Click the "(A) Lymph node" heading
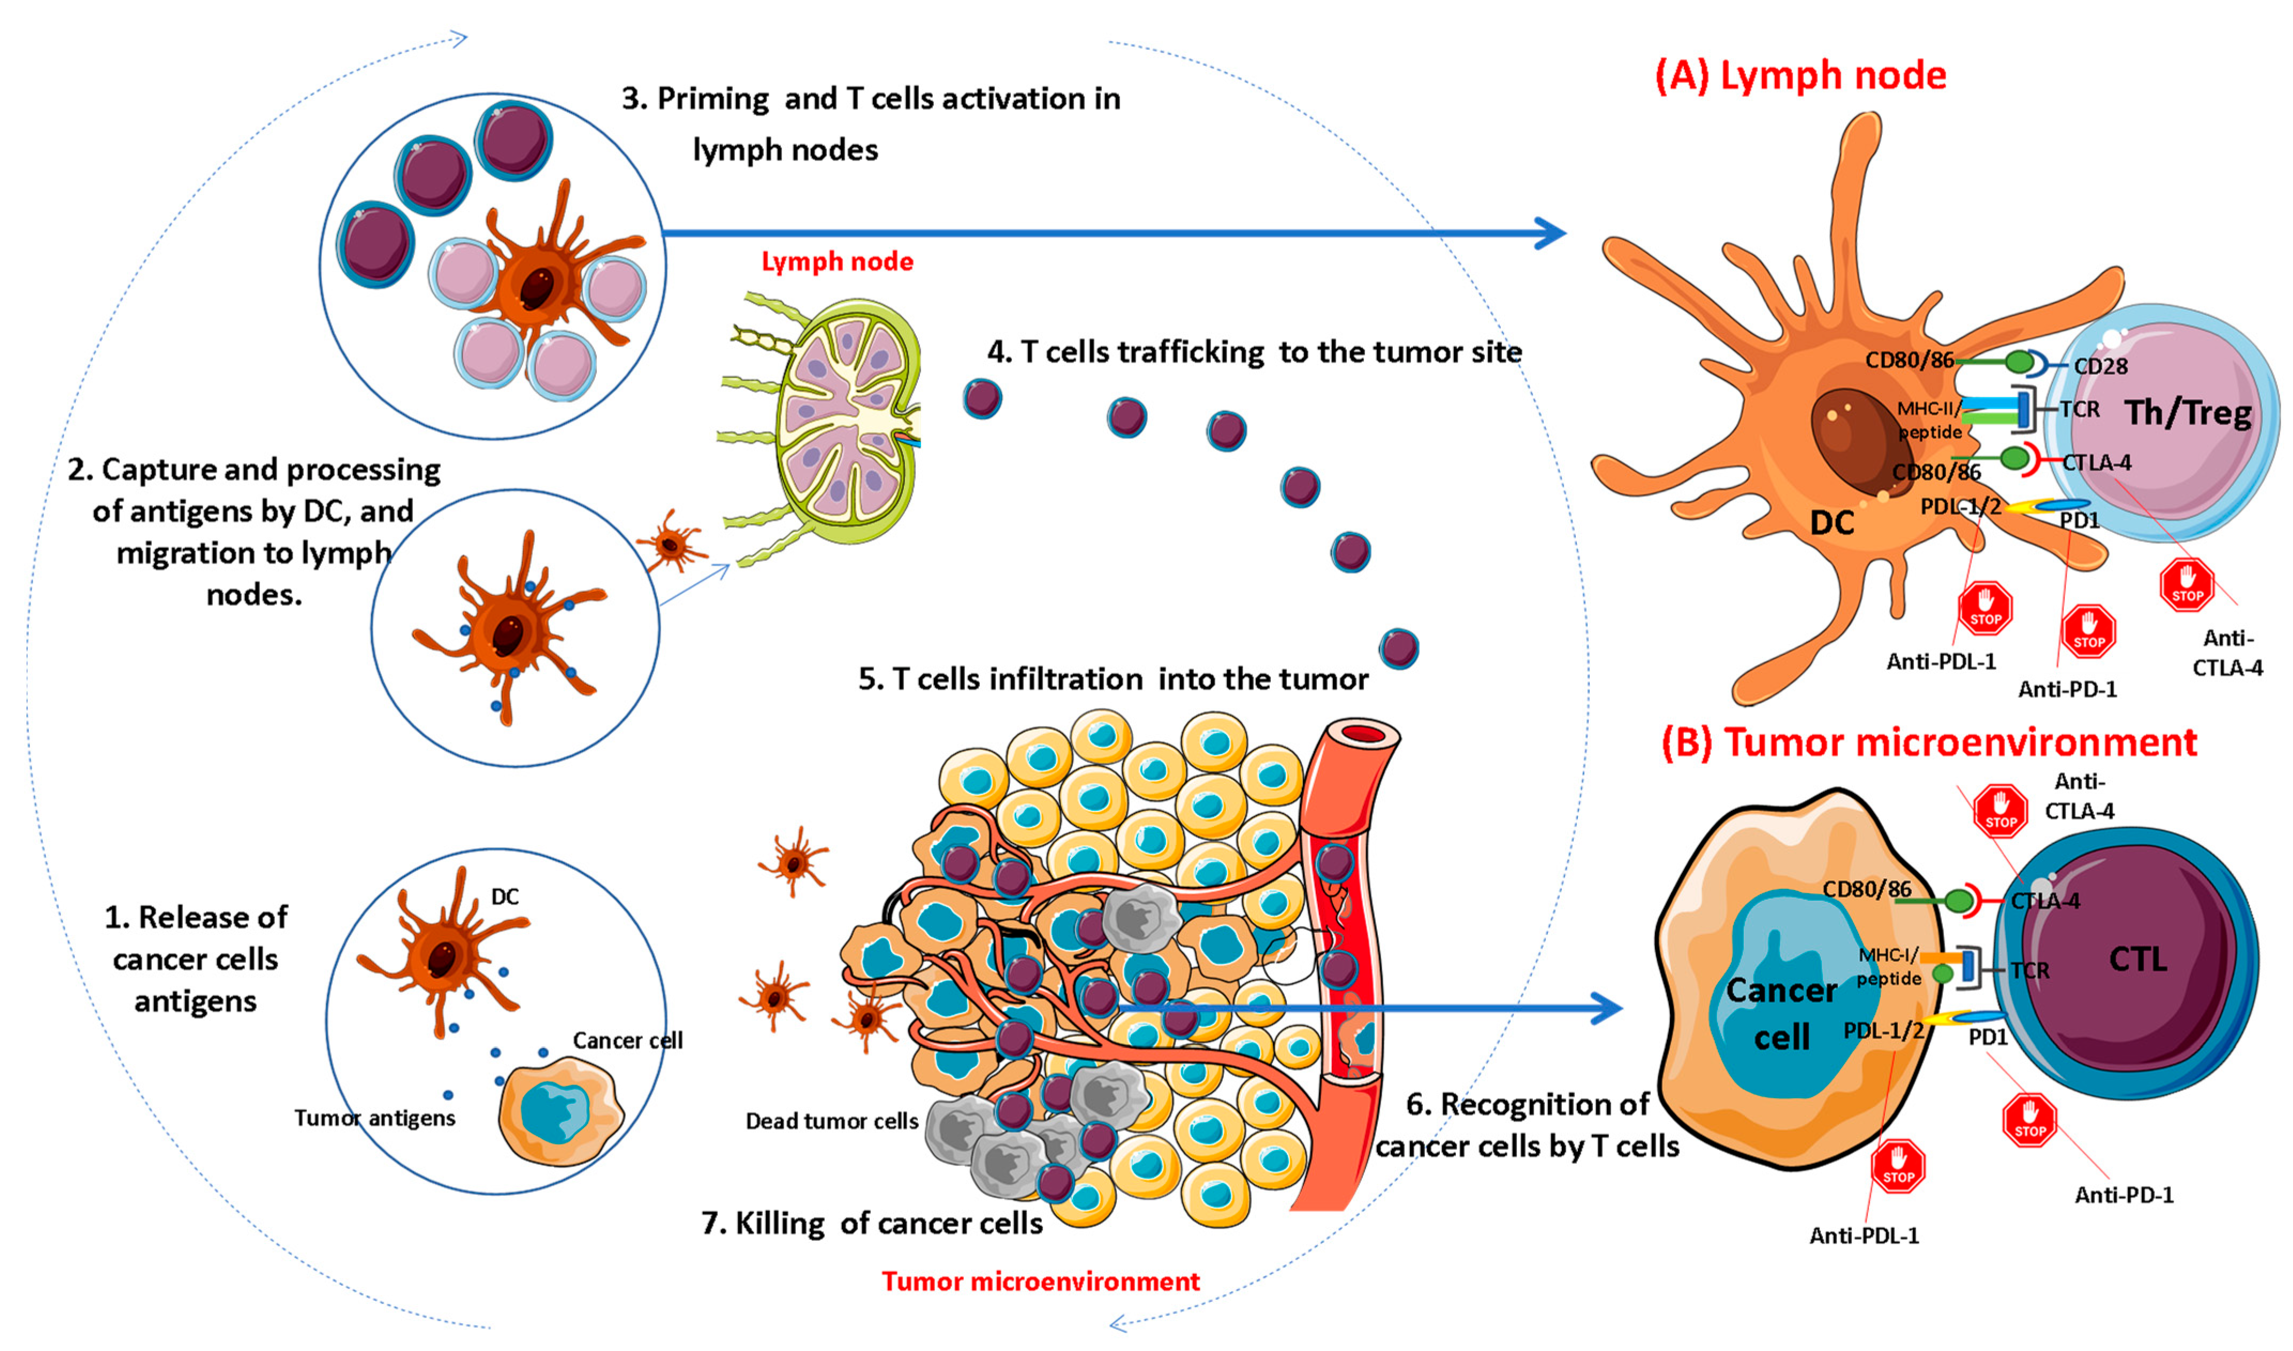click(1800, 75)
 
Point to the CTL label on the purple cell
click(2137, 958)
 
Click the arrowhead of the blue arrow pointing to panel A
click(1550, 233)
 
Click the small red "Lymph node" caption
click(837, 262)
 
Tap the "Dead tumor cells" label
click(831, 1120)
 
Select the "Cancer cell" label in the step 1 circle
click(627, 1040)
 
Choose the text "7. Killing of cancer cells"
click(871, 1223)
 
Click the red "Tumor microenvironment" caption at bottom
click(1040, 1281)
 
